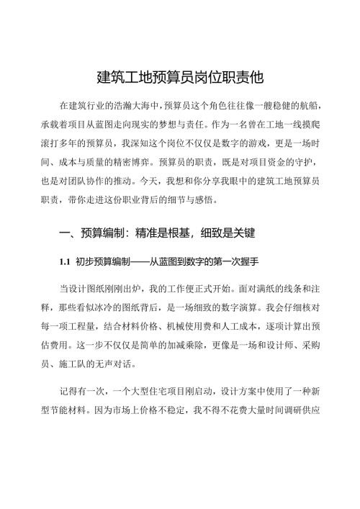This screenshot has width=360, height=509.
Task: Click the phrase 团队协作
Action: tap(96, 178)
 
